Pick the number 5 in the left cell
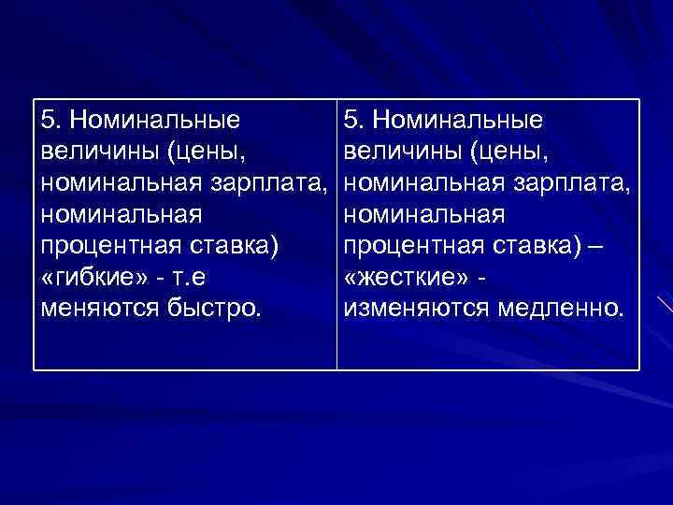49,120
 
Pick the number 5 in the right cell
351,120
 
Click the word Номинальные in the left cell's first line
153,120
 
